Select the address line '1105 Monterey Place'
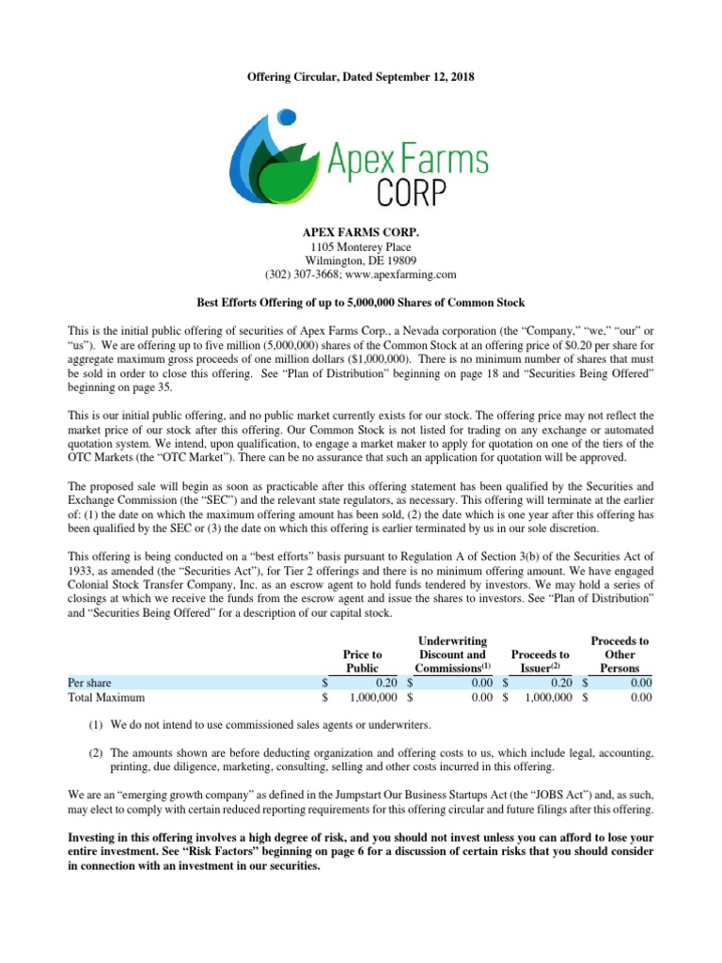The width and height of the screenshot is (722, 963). coord(361,245)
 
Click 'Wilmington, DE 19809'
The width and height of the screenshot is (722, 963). coord(361,260)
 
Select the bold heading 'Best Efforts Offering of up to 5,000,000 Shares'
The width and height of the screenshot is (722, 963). coord(361,302)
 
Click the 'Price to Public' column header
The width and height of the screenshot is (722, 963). coord(363,660)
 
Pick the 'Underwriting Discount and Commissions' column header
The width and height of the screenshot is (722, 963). coord(452,655)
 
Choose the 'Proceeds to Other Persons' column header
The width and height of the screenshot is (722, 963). coord(620,655)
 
